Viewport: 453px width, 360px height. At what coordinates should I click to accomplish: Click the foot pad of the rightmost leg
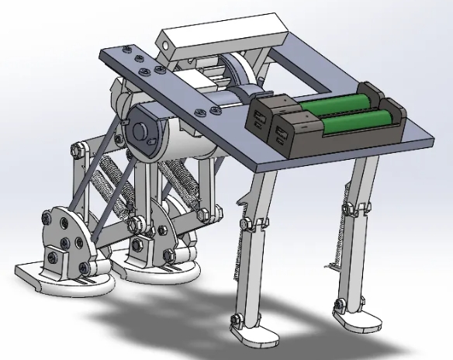354,317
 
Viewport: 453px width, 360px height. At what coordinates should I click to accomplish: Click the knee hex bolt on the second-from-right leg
247,225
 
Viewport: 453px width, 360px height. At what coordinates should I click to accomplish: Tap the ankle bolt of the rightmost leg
338,303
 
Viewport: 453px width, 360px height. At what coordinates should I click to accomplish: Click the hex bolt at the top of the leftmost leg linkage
78,148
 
